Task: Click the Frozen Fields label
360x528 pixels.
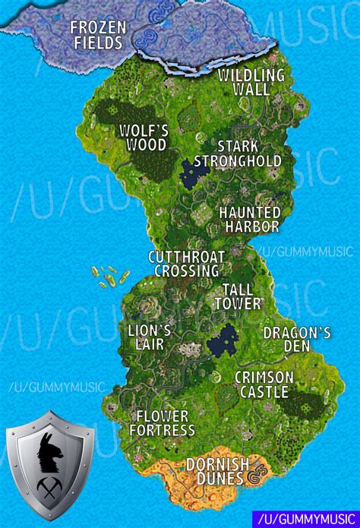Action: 96,35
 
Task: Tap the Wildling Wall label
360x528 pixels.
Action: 251,82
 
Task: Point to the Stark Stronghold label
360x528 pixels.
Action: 238,153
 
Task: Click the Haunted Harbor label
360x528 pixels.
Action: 249,220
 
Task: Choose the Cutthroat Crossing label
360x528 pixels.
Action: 185,264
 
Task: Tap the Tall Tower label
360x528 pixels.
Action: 242,296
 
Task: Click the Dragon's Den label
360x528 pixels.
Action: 297,339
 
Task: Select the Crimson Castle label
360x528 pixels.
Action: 263,384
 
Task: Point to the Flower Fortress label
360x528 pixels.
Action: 162,423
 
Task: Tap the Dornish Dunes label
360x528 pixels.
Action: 217,470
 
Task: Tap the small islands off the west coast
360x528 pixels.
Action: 109,276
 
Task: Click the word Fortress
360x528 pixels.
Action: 162,431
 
